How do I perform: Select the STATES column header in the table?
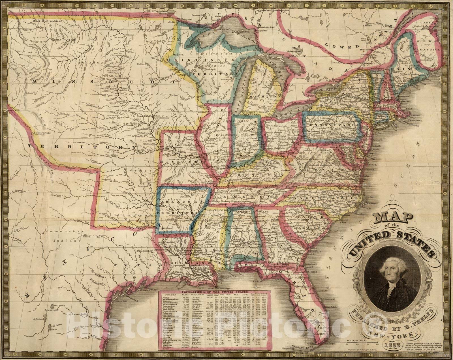tap(166, 295)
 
